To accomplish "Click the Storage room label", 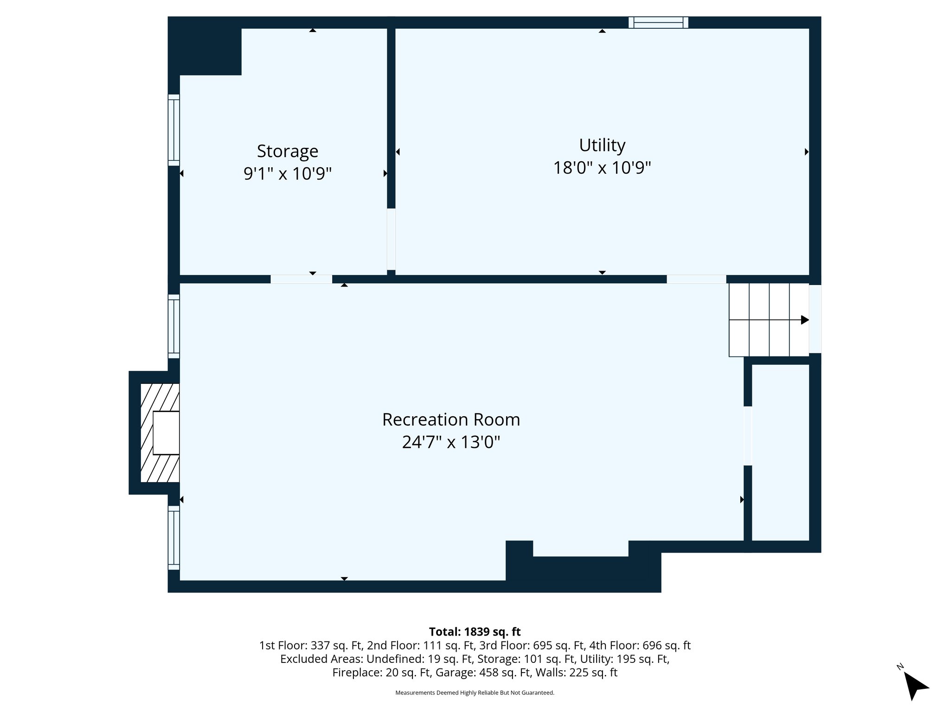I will (288, 151).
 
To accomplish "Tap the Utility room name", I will (602, 145).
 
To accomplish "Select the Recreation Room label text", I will (451, 420).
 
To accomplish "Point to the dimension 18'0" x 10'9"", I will (602, 168).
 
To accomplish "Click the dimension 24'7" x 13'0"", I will (451, 442).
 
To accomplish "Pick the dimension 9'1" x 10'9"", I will (288, 174).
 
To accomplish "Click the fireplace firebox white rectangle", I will (166, 433).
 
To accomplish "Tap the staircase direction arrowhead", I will (805, 320).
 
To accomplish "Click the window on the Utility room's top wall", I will (658, 22).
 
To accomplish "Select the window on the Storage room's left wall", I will (173, 130).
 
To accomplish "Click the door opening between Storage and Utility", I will (391, 239).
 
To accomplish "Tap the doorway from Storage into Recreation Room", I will (301, 279).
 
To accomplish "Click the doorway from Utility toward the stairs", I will (696, 279).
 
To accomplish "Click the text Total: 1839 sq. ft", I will (475, 632).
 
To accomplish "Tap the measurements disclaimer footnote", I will (475, 693).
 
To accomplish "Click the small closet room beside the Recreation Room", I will (780, 452).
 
